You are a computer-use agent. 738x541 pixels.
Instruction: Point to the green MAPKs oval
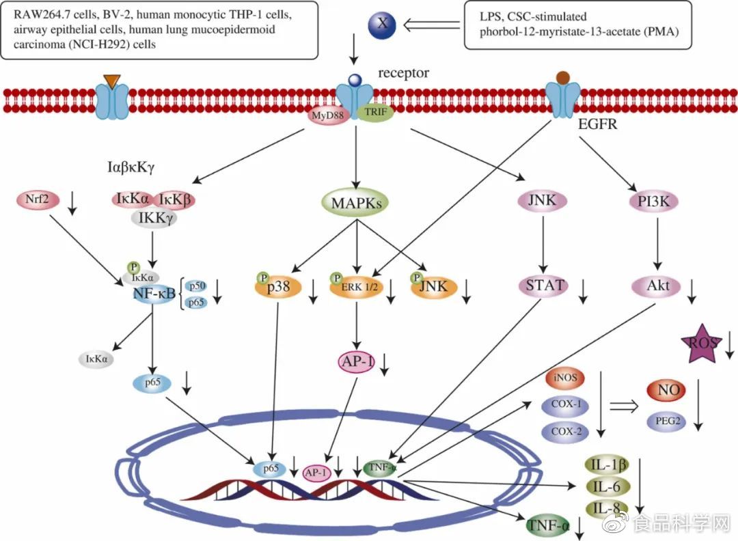[x=355, y=202]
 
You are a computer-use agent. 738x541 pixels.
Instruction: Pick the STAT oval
[x=545, y=286]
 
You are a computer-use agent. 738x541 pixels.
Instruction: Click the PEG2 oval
[x=666, y=421]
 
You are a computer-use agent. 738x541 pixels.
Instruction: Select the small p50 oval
[x=197, y=286]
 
